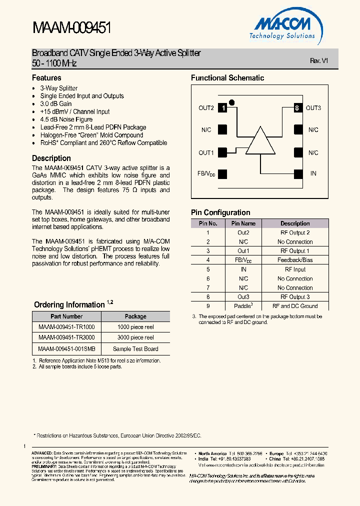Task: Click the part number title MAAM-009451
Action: [x=71, y=28]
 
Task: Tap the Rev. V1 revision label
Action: [x=318, y=60]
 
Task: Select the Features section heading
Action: [x=46, y=78]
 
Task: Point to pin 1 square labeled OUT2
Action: [x=223, y=108]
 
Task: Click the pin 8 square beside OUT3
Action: [x=297, y=108]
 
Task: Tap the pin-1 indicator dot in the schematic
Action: [x=231, y=100]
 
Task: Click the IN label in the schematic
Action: [x=313, y=173]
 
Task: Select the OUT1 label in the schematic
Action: [x=206, y=153]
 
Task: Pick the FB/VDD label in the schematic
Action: [x=206, y=174]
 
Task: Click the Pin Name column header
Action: [x=243, y=223]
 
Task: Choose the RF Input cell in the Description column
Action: [x=295, y=269]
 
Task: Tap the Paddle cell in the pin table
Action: [x=243, y=305]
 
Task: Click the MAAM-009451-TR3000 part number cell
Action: [x=66, y=337]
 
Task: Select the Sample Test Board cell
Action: [x=135, y=349]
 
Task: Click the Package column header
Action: [x=135, y=316]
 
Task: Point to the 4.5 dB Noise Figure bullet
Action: [x=66, y=119]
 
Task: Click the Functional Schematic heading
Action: [x=227, y=78]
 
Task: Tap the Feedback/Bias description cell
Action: [x=295, y=260]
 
